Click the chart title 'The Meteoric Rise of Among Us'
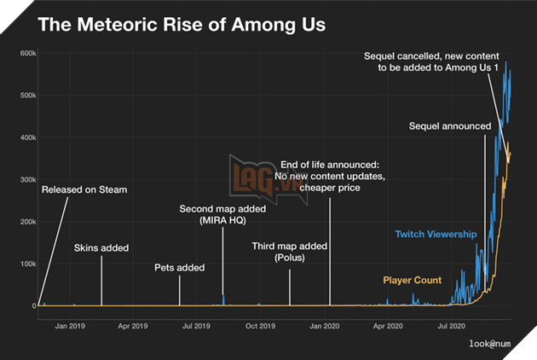tap(182, 23)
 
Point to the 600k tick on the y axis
tap(23, 53)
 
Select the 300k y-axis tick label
tap(23, 179)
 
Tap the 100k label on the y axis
tap(23, 264)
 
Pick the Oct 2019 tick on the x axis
tap(260, 325)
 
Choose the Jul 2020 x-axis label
tap(452, 325)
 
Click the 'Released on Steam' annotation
tap(84, 189)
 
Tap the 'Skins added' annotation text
tap(101, 248)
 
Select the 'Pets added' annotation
tap(179, 268)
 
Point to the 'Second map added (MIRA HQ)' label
tap(223, 215)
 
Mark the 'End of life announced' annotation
tap(330, 176)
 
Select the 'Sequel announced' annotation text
tap(450, 126)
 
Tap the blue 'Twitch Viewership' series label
tap(436, 234)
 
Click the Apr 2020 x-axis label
tap(389, 325)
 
